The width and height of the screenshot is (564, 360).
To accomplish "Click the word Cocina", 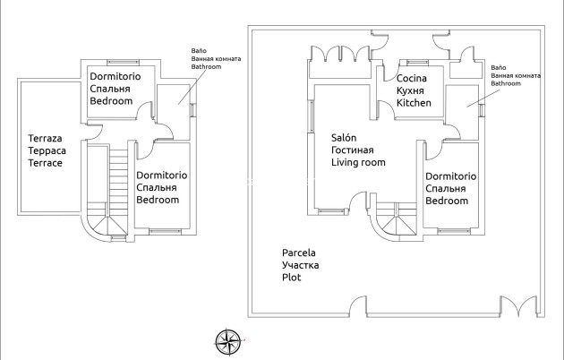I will coord(413,79).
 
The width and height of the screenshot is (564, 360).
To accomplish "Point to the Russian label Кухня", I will coord(412,91).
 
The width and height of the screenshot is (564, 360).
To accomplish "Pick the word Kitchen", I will coord(414,104).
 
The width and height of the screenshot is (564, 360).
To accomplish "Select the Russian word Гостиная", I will coord(352,150).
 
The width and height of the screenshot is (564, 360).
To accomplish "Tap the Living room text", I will coord(358,163).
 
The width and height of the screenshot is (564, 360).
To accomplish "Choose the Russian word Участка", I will coord(300,266).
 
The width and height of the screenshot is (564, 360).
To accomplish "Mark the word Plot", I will coord(291,279).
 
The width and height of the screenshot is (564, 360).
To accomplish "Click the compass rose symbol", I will coord(228,340).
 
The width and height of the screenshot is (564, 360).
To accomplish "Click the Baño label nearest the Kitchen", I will coord(499,68).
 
